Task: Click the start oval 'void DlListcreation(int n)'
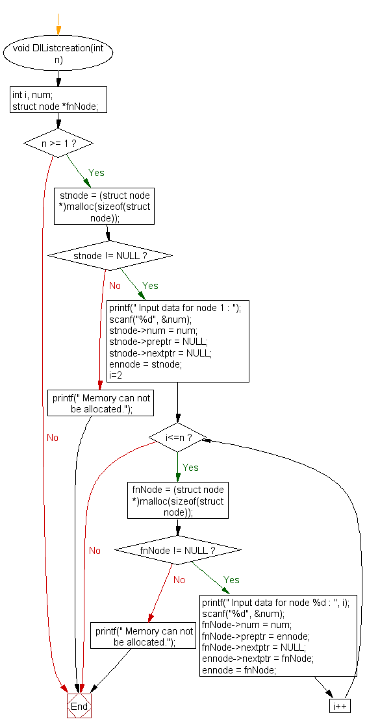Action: pyautogui.click(x=58, y=54)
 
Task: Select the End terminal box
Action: pyautogui.click(x=79, y=706)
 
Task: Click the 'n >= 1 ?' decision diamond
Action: pyautogui.click(x=58, y=143)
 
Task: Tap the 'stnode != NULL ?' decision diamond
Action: pyautogui.click(x=110, y=256)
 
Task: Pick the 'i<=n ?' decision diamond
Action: pyautogui.click(x=177, y=438)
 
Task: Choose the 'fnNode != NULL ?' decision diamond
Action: pyautogui.click(x=177, y=550)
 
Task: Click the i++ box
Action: pyautogui.click(x=340, y=705)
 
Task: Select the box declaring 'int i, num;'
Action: pyautogui.click(x=58, y=100)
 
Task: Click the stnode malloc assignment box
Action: pyautogui.click(x=104, y=207)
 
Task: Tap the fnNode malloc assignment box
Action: pyautogui.click(x=177, y=501)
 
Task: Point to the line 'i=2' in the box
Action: pyautogui.click(x=115, y=375)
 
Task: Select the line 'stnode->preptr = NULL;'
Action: pyautogui.click(x=158, y=342)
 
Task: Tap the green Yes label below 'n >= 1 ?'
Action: pyautogui.click(x=96, y=173)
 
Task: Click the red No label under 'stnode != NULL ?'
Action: pyautogui.click(x=114, y=286)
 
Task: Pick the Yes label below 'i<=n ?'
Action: pyautogui.click(x=190, y=468)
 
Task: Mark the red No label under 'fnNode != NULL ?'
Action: pyautogui.click(x=179, y=580)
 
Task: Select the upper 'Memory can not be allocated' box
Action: pyautogui.click(x=101, y=404)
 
